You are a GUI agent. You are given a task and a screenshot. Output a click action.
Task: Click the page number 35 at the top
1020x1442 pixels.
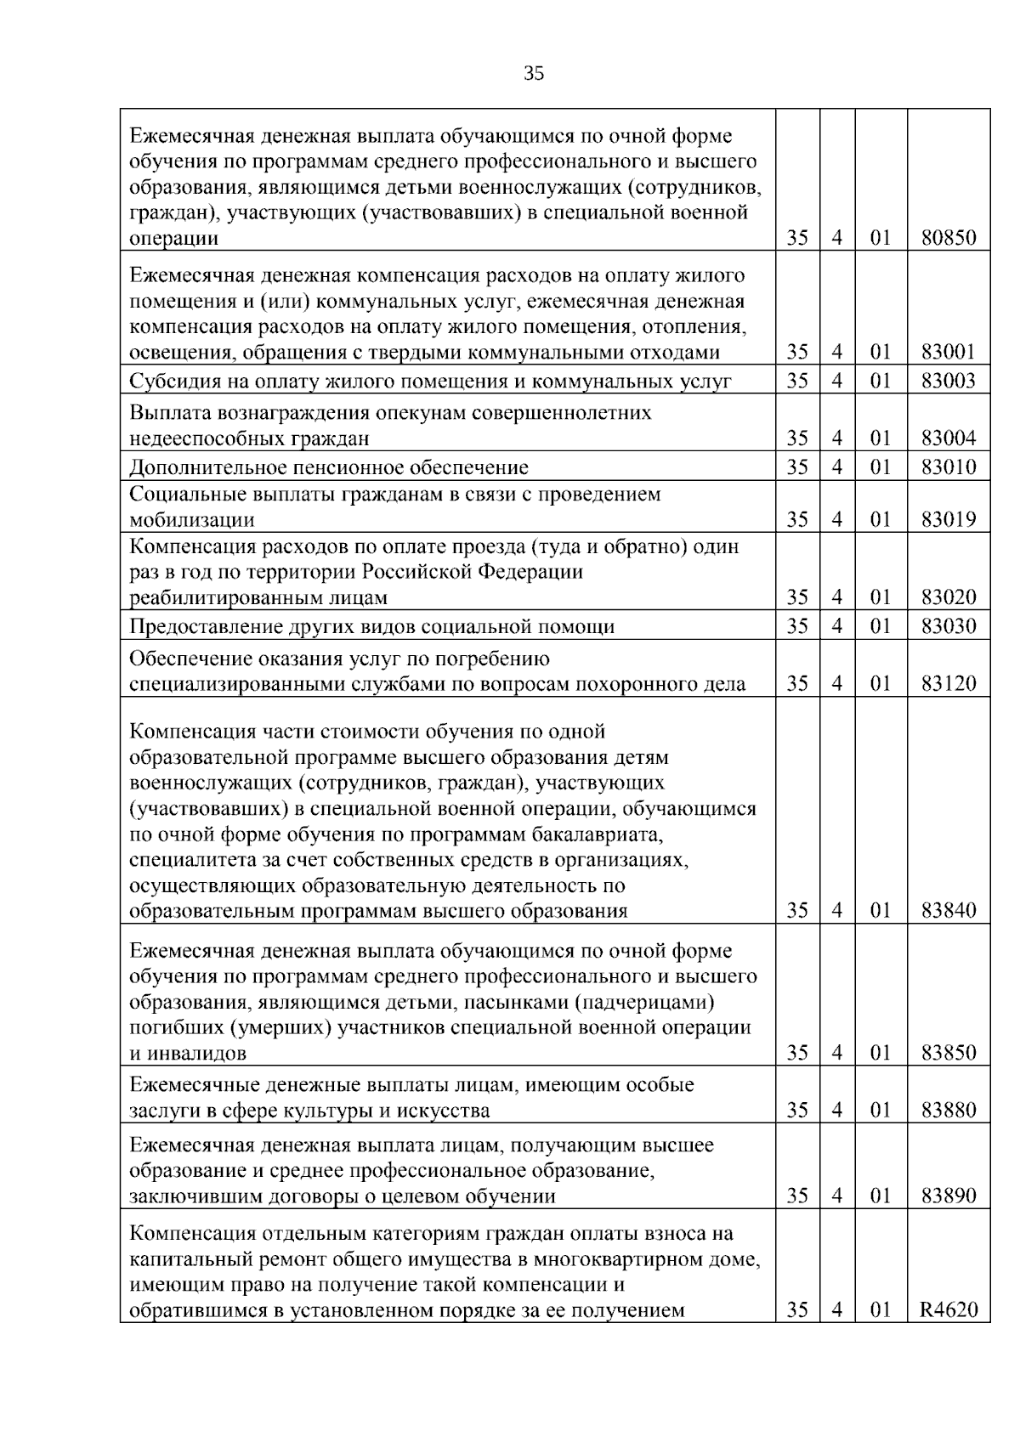tap(534, 74)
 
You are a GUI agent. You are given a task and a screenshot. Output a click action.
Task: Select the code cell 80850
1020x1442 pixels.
tap(949, 238)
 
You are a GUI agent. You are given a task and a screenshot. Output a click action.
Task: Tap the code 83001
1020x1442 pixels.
tap(949, 352)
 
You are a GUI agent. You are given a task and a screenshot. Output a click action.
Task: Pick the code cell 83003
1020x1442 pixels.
tap(949, 381)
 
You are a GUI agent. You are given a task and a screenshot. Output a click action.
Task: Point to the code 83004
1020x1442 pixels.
tap(949, 438)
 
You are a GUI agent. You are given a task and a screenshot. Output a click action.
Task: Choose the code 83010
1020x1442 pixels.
tap(949, 467)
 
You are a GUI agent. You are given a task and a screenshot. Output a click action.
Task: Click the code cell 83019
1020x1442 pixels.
tap(949, 519)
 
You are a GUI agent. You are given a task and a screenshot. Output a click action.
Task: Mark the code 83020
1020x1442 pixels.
tap(949, 597)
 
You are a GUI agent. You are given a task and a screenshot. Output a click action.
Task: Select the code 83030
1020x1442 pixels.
tap(949, 627)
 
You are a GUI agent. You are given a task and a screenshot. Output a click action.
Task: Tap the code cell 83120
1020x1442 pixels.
tap(949, 684)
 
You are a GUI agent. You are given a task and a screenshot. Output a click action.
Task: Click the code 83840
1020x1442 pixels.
tap(949, 911)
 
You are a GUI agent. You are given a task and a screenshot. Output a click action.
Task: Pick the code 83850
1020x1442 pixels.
tap(949, 1053)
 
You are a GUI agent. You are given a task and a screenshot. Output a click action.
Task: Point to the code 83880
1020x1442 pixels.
tap(949, 1111)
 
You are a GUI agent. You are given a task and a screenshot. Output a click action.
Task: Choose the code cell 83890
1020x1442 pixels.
tap(949, 1196)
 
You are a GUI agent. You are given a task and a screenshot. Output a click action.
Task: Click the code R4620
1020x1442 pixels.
tap(949, 1310)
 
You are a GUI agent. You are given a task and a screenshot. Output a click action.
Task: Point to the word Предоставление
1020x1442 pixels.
tap(203, 627)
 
